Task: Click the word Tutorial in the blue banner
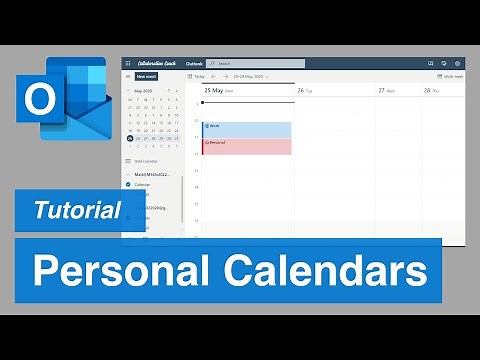tap(78, 209)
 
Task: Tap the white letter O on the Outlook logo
tap(41, 101)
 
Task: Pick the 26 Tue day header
tap(305, 90)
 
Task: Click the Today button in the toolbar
tap(198, 76)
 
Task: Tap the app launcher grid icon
tap(128, 63)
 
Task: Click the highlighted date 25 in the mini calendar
tap(131, 138)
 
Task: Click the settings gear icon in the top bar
tap(457, 63)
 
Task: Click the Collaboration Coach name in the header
tap(158, 63)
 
